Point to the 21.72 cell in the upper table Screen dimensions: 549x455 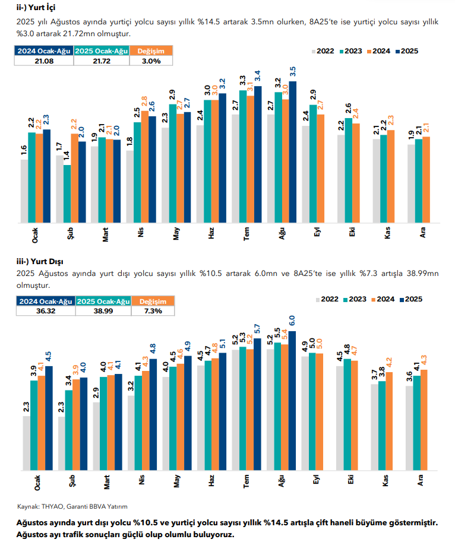102,61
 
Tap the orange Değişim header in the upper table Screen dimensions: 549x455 151,52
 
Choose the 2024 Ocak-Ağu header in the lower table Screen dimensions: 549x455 45,302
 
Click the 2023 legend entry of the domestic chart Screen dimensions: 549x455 352,51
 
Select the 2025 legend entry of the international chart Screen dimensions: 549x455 409,299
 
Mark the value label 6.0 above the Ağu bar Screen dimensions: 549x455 292,320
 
